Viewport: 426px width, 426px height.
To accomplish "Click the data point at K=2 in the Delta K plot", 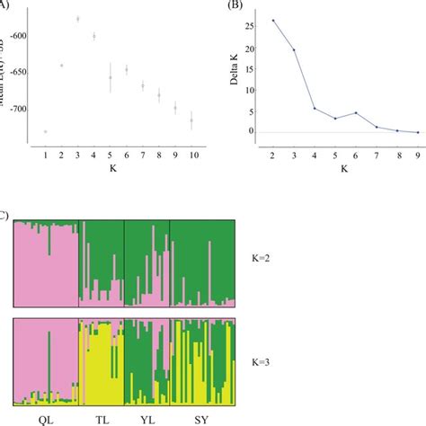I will (273, 20).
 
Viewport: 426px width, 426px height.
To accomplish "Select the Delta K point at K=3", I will (293, 49).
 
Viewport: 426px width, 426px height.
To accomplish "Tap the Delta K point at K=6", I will (355, 112).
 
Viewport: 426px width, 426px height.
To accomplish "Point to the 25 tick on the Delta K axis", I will (254, 25).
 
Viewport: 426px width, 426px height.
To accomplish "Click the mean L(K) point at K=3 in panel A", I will (77, 18).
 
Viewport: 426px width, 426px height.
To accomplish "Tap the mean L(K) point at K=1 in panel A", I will (45, 131).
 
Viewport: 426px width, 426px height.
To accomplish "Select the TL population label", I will (101, 419).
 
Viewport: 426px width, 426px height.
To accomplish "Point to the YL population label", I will (146, 419).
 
